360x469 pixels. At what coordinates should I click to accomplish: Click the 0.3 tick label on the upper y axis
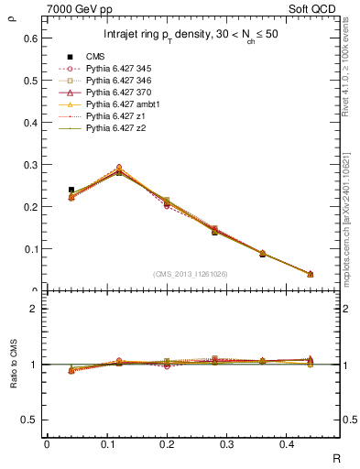(x=31, y=165)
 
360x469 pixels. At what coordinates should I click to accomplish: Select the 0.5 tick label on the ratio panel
(x=31, y=420)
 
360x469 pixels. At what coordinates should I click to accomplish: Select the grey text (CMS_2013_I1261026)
(x=190, y=273)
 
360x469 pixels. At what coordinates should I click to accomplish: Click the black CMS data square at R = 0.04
(x=71, y=190)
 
